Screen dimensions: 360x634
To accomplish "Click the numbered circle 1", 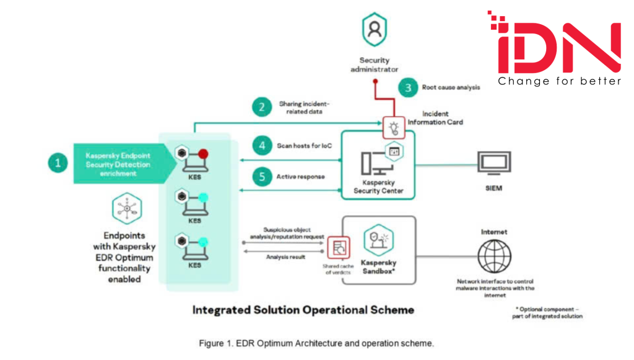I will (58, 164).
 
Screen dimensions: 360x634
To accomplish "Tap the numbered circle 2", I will (262, 107).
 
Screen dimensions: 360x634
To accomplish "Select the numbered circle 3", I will (408, 87).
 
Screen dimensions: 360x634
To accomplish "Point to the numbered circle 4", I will (262, 147).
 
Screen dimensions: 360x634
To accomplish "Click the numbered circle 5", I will (262, 177).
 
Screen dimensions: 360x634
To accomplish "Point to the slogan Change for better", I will (560, 82).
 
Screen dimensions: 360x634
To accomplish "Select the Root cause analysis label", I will (451, 87).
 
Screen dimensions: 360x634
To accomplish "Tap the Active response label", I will (302, 177).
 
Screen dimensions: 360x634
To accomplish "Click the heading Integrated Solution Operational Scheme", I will (303, 309).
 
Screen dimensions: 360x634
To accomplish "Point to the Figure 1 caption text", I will (316, 343).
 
